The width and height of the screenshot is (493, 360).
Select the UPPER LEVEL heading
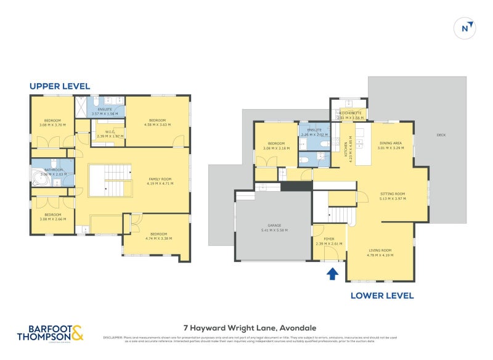point(60,86)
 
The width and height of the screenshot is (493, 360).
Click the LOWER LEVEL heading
point(382,295)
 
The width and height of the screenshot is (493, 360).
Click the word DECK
point(440,135)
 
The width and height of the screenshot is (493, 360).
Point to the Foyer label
point(324,240)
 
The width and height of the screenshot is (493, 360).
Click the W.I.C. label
point(110,131)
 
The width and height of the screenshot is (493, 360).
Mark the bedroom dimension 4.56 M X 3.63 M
point(157,124)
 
